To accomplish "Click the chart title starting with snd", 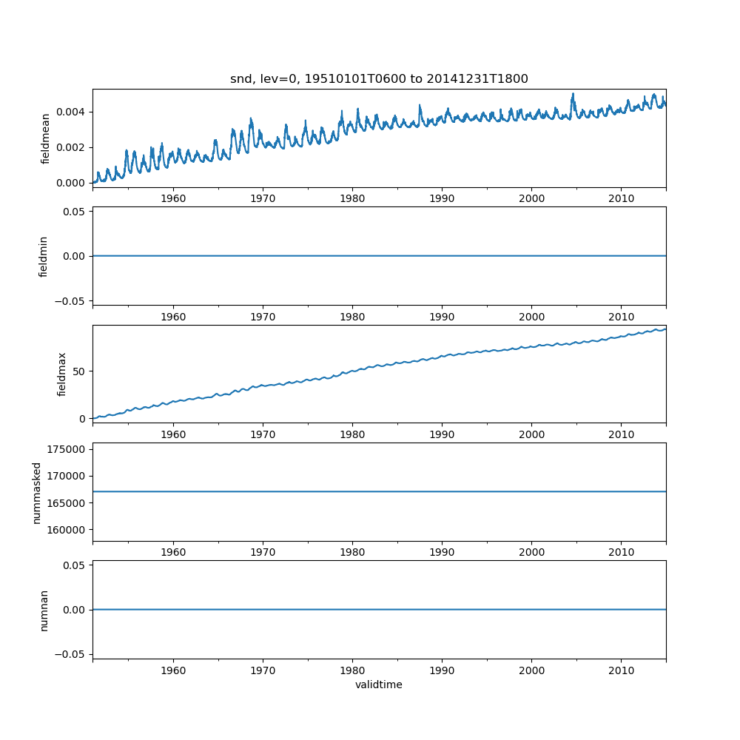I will click(379, 79).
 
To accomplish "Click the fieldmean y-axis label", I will click(46, 138).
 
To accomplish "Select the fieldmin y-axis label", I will click(44, 256).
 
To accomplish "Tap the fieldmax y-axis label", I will click(62, 374).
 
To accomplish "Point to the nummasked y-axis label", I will click(37, 492).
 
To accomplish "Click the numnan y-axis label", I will click(44, 610).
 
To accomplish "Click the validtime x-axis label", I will click(379, 684).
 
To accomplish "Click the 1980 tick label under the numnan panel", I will click(352, 670).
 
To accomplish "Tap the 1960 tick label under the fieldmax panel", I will click(173, 434).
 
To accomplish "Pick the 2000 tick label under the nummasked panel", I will click(531, 552).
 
